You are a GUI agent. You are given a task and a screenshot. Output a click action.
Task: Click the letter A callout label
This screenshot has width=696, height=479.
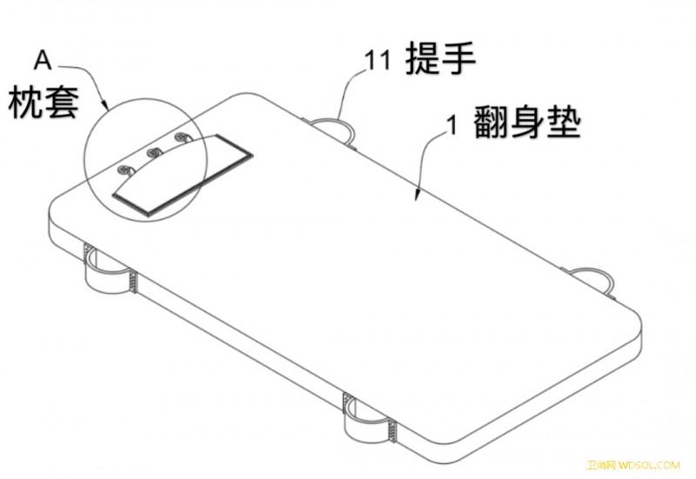coord(43,60)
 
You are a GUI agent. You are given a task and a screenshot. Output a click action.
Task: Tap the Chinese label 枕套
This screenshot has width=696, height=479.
coord(43,102)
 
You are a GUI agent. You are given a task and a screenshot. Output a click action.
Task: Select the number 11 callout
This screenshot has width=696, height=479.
coord(378,60)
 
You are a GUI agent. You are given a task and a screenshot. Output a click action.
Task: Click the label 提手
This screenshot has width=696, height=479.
coord(441,58)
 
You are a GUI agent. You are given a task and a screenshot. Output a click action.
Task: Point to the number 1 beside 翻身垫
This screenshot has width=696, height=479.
coord(452,124)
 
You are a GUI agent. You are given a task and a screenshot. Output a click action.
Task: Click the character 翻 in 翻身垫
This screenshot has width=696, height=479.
coord(491,123)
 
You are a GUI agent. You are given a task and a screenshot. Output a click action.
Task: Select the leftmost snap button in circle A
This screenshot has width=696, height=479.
coord(124,169)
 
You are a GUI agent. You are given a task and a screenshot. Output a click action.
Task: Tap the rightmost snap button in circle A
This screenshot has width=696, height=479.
coord(181,136)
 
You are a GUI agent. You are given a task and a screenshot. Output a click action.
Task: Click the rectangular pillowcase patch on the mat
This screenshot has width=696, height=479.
coord(183,175)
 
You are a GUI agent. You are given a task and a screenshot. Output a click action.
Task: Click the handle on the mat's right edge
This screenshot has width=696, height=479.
coord(592,270)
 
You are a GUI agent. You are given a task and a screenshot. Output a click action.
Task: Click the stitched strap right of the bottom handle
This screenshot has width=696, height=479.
coord(392,429)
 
